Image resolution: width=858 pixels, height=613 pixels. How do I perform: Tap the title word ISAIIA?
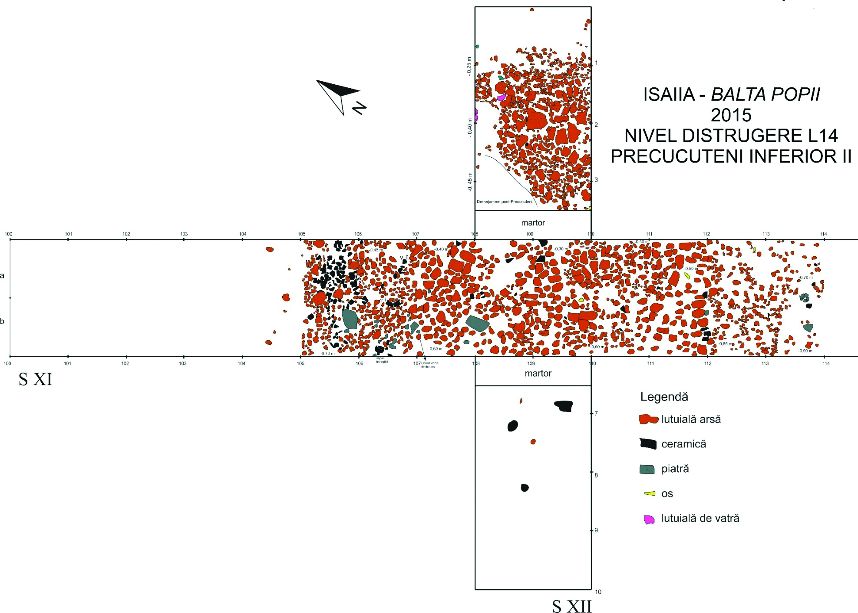click(x=669, y=95)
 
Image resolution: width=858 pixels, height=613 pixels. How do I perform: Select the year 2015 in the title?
click(x=731, y=115)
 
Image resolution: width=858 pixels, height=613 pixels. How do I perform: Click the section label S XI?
click(x=35, y=380)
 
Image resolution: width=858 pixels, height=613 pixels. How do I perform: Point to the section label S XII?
click(x=571, y=606)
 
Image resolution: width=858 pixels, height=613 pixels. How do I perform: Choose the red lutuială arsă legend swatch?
click(x=648, y=420)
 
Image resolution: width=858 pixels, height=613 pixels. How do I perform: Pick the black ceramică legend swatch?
click(x=647, y=444)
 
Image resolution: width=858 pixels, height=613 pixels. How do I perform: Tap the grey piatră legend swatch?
click(x=647, y=469)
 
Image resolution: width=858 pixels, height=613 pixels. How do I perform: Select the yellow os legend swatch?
click(x=649, y=494)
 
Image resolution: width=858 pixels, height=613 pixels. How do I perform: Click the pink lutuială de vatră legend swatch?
click(x=649, y=519)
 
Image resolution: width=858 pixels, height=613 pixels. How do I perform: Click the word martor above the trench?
click(x=533, y=223)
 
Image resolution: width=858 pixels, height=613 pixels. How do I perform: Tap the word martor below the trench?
click(x=538, y=373)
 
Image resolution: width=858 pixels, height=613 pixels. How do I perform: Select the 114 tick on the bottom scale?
click(x=825, y=363)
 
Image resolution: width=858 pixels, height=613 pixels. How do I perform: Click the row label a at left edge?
click(x=3, y=275)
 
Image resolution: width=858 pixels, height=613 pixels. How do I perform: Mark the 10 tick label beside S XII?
click(x=598, y=591)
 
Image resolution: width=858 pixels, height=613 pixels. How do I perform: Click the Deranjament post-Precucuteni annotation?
click(x=504, y=202)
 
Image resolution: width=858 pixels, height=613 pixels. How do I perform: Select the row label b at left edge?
click(x=3, y=321)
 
